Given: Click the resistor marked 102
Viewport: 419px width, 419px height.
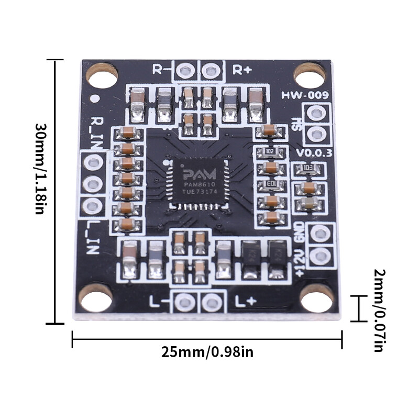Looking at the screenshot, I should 270,151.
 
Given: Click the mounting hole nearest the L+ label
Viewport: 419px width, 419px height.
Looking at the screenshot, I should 317,299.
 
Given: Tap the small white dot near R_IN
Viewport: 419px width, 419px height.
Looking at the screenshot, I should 95,98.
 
